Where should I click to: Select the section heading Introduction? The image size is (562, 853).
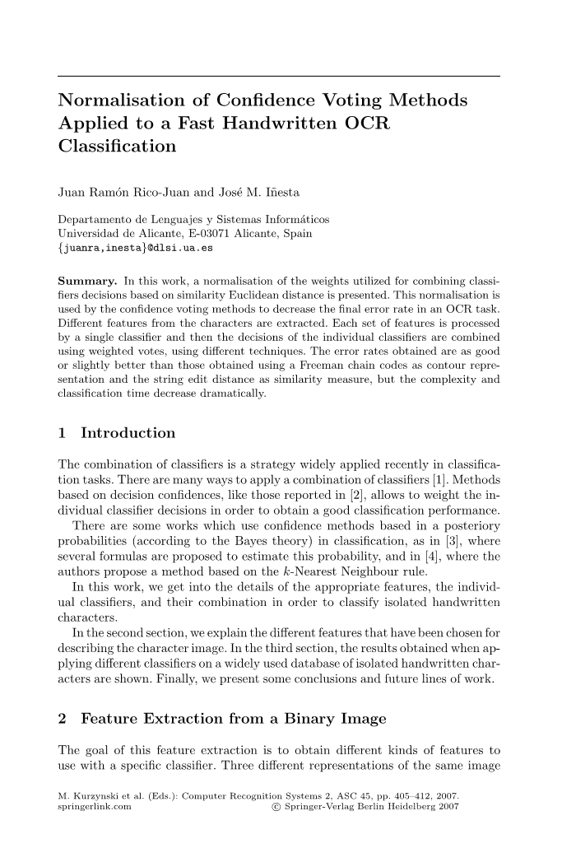128,432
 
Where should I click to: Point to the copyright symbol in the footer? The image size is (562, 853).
274,808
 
